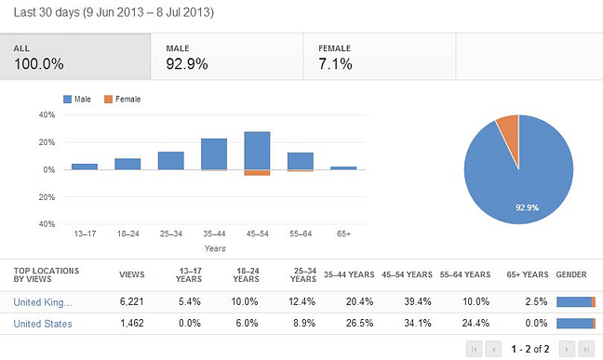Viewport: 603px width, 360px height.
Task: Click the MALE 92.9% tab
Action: pos(226,58)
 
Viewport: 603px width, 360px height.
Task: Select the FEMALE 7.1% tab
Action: pos(379,58)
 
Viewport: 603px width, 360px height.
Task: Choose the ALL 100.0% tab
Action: pos(74,58)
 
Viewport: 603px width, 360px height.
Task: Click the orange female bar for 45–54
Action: pos(257,173)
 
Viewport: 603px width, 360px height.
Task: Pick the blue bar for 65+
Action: pos(343,168)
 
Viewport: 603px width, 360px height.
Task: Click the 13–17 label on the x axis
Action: pos(85,233)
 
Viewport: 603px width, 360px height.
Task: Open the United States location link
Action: pos(43,324)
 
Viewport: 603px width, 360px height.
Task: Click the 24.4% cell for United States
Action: pos(470,324)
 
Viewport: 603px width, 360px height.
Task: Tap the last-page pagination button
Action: pos(585,349)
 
